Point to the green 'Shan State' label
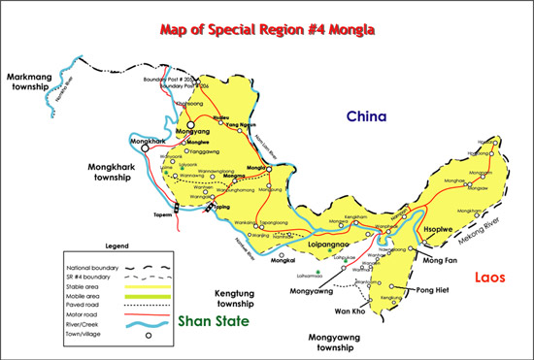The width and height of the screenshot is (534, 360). click(x=213, y=322)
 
